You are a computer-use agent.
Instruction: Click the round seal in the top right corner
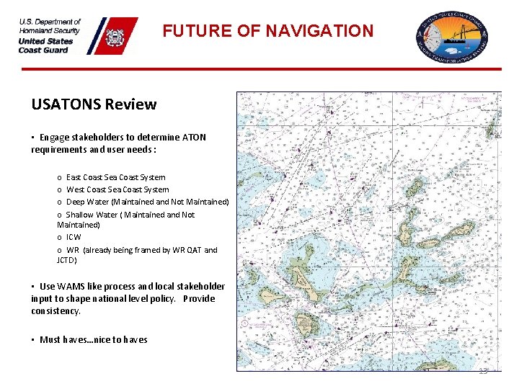click(452, 36)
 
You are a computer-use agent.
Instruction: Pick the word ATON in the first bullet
click(195, 137)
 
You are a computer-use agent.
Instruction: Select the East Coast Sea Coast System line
click(115, 177)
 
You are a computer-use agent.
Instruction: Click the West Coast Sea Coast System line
click(117, 189)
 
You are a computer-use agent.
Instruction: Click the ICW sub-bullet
click(74, 237)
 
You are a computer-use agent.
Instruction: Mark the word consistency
click(56, 311)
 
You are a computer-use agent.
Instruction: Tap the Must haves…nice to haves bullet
click(93, 340)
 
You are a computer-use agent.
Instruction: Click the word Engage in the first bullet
click(54, 137)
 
